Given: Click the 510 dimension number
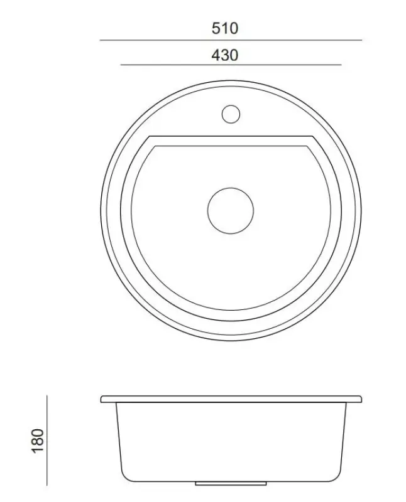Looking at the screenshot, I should pos(225,28).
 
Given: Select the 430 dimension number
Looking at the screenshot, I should pos(225,55).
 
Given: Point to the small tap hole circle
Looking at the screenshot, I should pos(231,114).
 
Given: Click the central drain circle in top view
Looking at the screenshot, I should pos(231,210).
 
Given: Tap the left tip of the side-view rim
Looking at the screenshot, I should pos(102,398).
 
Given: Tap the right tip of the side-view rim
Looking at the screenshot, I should pos(362,398).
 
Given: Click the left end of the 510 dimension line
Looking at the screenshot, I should pos(101,40).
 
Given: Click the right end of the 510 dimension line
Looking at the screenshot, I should pos(362,40).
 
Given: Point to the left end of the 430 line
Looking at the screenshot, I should pos(121,65).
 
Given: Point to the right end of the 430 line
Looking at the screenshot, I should pos(341,65).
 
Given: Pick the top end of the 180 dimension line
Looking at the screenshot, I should pos(48,396).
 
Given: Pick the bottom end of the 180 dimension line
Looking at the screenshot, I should pos(48,484).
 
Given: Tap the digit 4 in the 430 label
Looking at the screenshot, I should pos(216,55).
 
